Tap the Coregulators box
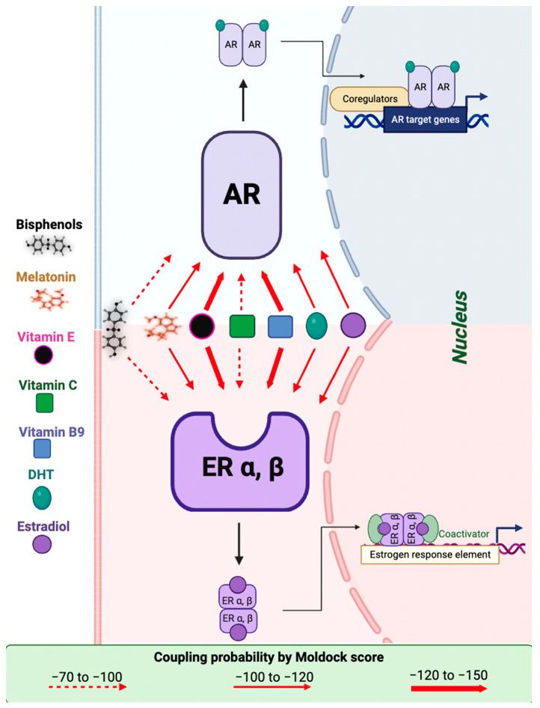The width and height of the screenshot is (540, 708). tap(369, 98)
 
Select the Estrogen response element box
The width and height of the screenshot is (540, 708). tap(430, 555)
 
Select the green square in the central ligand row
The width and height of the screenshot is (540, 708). tap(242, 326)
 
